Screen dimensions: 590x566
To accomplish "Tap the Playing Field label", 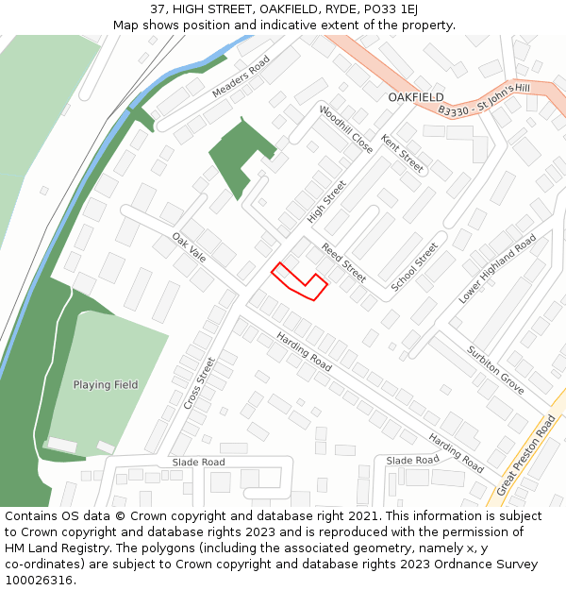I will click(106, 385).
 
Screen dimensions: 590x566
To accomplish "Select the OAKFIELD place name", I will click(416, 97).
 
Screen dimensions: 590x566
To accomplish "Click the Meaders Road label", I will click(241, 77).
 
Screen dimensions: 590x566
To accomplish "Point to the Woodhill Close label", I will click(346, 129).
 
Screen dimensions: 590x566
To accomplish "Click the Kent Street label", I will click(403, 153).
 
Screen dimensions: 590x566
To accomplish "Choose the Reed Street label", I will click(343, 262).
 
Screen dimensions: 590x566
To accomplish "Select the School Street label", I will click(415, 266).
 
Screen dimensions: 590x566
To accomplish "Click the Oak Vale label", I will click(189, 247).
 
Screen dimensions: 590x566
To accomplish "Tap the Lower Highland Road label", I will click(497, 268).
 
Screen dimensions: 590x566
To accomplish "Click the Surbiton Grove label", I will click(495, 369).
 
